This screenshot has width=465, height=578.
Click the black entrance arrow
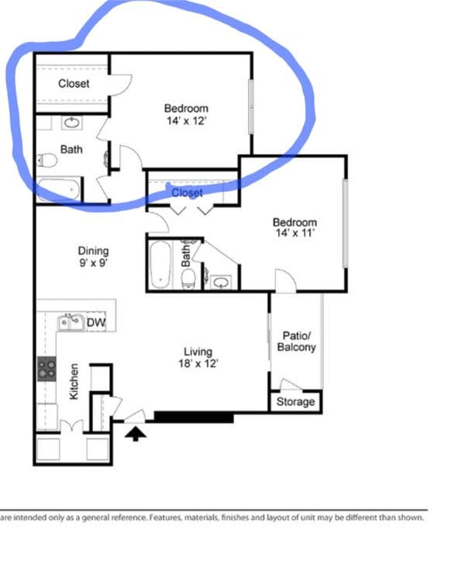point(135,433)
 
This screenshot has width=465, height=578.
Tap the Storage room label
point(295,401)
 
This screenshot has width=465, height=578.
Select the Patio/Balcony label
point(296,341)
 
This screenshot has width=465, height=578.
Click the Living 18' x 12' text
point(198,358)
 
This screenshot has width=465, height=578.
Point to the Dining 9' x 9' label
point(93,257)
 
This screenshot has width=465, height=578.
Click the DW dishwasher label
point(96,323)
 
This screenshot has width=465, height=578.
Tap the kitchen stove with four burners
point(46,369)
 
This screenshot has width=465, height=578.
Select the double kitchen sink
point(71,323)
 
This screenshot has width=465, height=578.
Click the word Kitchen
point(74,382)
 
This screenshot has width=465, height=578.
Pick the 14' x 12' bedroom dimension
point(186,121)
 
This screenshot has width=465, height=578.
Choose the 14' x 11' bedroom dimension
point(294,233)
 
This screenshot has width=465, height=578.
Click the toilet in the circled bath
point(47,161)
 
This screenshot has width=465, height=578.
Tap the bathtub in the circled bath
point(58,190)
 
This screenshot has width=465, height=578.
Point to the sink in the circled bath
point(72,123)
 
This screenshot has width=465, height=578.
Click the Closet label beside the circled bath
point(74,83)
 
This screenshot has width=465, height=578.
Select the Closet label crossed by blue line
point(187,192)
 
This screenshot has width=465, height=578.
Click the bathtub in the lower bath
point(161,265)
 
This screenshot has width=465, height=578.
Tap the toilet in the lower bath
point(188,279)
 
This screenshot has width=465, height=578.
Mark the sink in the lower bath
point(221,282)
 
